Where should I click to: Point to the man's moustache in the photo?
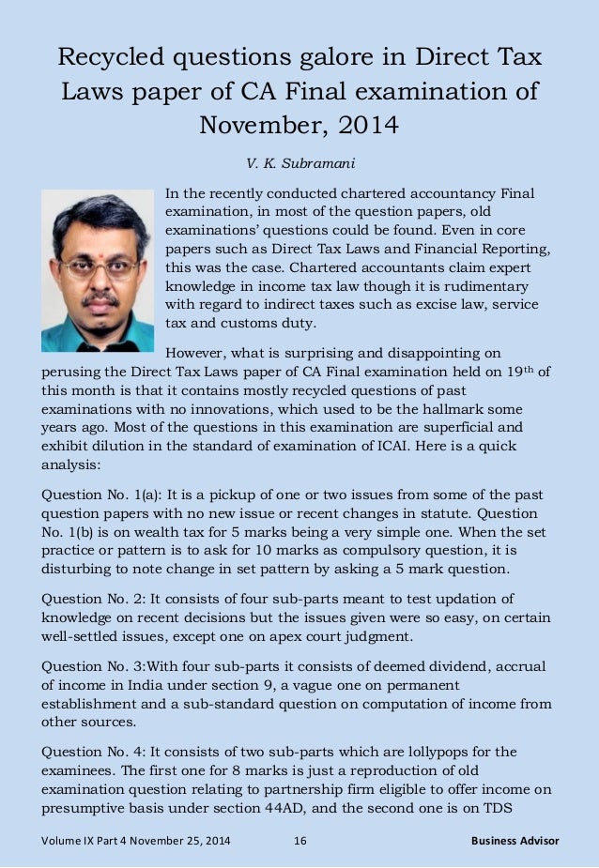click(100, 300)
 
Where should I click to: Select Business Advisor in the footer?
click(515, 840)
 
